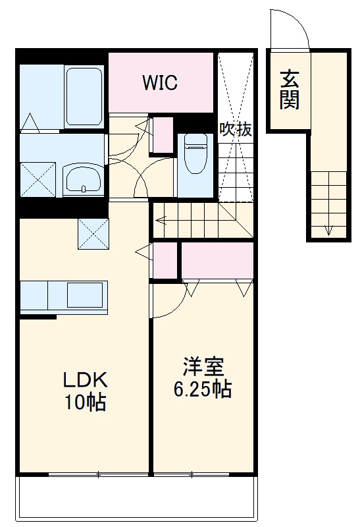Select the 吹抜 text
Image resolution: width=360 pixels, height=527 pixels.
click(x=235, y=129)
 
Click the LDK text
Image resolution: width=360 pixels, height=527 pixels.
click(x=84, y=381)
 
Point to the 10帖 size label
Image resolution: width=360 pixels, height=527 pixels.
click(x=84, y=402)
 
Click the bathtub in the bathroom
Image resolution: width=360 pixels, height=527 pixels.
click(x=84, y=97)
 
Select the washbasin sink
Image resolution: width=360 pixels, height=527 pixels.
click(x=82, y=179)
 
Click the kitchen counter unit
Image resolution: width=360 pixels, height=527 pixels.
click(x=63, y=296)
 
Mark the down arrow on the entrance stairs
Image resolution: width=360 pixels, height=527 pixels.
click(x=328, y=229)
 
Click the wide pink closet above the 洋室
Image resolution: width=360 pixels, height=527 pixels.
click(x=217, y=260)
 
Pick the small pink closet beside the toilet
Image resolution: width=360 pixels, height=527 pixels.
click(x=162, y=134)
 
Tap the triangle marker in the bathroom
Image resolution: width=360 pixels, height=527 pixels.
click(x=30, y=122)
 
